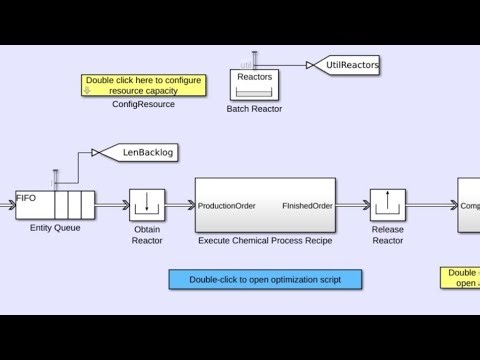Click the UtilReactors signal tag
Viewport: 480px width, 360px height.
click(351, 65)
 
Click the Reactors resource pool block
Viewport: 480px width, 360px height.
click(252, 84)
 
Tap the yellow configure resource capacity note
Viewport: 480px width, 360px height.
click(144, 85)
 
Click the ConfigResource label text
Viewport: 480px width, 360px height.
click(144, 104)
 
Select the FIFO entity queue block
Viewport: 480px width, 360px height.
click(55, 205)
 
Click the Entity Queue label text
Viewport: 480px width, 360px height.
click(55, 228)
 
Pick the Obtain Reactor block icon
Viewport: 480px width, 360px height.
click(147, 205)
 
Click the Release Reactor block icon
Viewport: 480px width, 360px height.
click(387, 205)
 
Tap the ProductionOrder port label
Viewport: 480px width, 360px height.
click(226, 206)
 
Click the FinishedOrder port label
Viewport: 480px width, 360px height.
click(307, 206)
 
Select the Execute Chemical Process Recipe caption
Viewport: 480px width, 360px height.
click(265, 241)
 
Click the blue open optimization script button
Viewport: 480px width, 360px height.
click(265, 280)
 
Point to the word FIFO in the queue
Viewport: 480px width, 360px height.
click(26, 199)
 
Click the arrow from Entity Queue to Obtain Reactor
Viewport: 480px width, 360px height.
click(112, 205)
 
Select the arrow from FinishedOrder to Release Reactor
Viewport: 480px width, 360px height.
click(353, 205)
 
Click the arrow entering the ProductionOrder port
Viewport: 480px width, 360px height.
click(180, 205)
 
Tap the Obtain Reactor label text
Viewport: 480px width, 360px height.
click(147, 234)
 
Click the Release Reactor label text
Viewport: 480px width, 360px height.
click(387, 234)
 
